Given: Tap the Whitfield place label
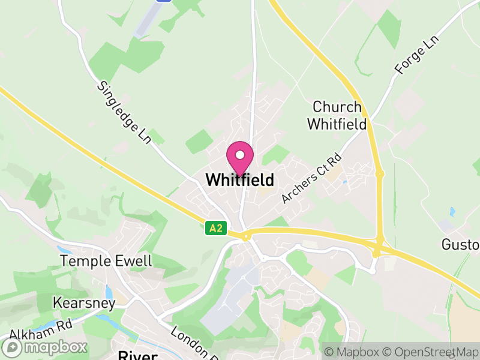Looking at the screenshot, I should [239, 179].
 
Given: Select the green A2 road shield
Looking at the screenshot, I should [217, 228].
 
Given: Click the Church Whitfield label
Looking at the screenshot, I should [337, 116].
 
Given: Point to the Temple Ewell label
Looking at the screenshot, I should [106, 261].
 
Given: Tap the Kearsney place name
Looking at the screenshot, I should [84, 303].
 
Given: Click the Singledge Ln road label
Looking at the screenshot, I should [124, 113].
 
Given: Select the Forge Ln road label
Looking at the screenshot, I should [417, 55].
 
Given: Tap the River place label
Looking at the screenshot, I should [137, 355].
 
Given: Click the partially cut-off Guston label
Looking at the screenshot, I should [461, 245].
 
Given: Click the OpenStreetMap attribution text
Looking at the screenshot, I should [431, 350].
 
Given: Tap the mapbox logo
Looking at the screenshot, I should [45, 347].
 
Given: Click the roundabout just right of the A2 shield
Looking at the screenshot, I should [246, 236].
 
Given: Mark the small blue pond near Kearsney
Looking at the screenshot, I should [109, 293].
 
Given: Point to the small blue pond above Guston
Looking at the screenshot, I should [451, 212].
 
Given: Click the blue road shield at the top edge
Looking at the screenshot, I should [163, 1].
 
